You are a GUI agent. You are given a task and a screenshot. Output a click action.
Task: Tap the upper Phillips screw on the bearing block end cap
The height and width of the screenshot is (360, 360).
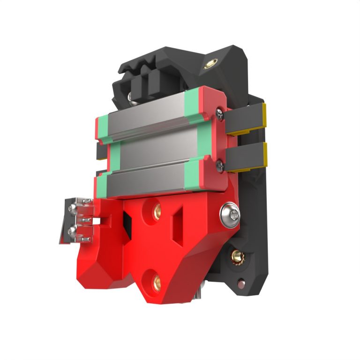pyautogui.click(x=219, y=112)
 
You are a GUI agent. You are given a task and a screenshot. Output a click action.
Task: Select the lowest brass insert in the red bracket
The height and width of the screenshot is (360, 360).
pyautogui.click(x=157, y=282)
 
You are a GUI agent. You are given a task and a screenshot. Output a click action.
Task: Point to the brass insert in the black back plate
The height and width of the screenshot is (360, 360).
pyautogui.click(x=236, y=256)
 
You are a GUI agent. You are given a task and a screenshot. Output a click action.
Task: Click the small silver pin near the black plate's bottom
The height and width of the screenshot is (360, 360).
pyautogui.click(x=241, y=283)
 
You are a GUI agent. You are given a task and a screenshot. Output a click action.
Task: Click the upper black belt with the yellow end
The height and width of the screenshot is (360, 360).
pyautogui.click(x=244, y=120)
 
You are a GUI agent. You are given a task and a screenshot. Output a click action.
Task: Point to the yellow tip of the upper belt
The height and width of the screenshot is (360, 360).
pyautogui.click(x=264, y=117)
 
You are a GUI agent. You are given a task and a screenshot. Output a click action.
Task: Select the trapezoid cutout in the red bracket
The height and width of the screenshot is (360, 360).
pyautogui.click(x=179, y=225)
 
